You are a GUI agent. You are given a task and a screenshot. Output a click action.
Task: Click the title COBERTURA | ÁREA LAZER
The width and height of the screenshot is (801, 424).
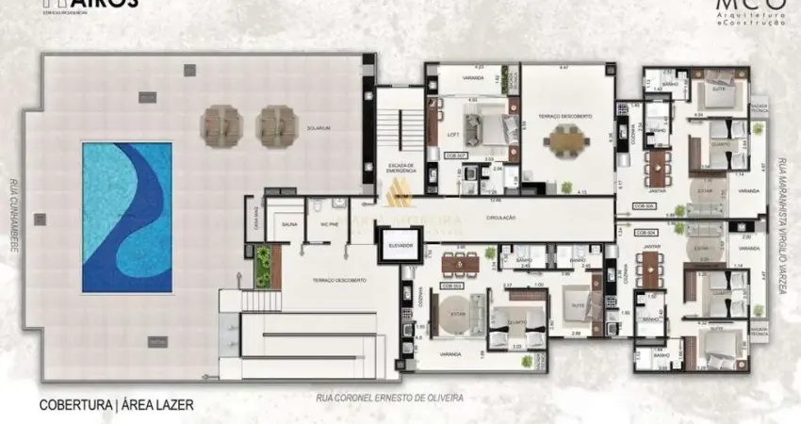tap(116, 405)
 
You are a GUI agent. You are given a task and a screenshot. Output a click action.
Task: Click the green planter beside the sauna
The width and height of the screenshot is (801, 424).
tap(262, 265)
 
